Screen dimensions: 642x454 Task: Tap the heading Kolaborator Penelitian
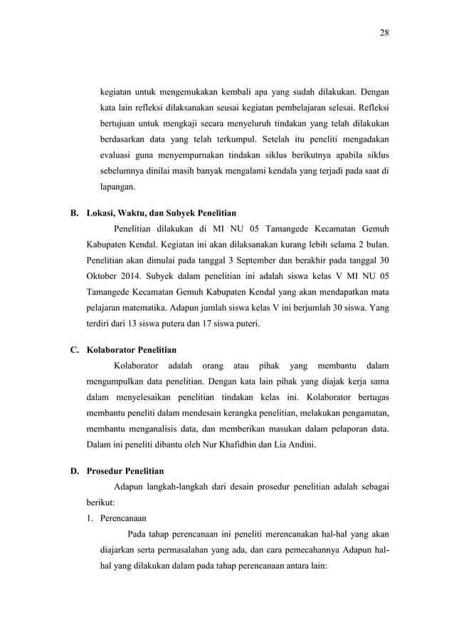(x=132, y=349)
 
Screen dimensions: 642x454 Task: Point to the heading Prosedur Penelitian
(x=125, y=471)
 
